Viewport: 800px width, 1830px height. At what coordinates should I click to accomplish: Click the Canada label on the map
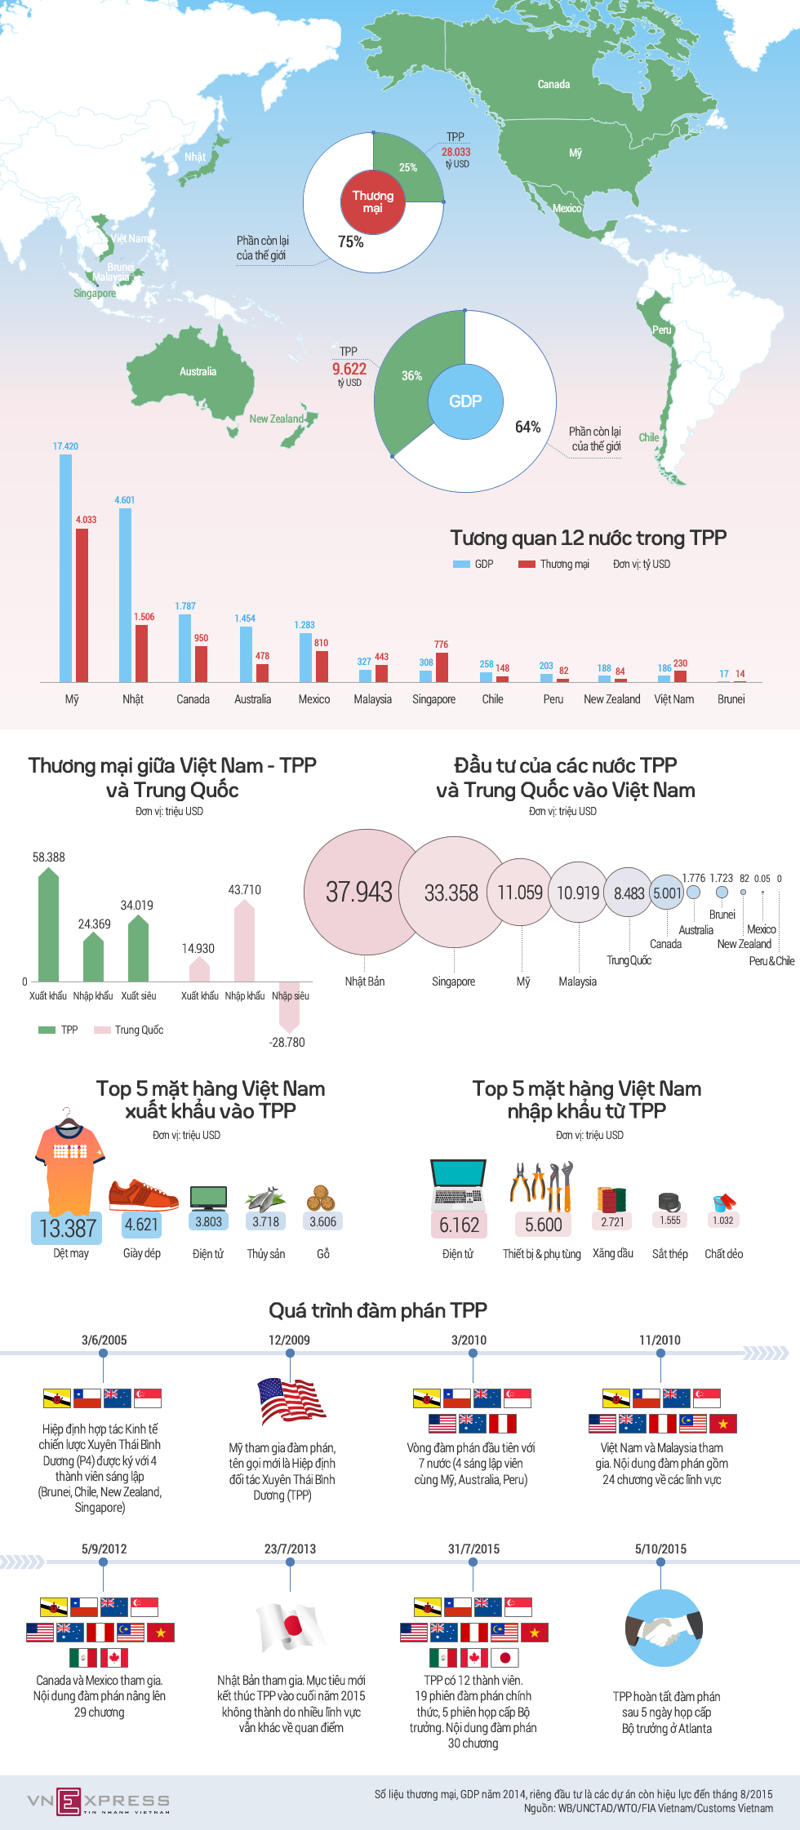click(x=553, y=84)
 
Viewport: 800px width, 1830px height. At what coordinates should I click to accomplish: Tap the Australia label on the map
click(x=198, y=371)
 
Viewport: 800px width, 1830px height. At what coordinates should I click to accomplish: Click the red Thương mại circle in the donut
click(x=373, y=202)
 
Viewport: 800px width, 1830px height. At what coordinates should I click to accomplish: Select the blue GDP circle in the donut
click(x=465, y=401)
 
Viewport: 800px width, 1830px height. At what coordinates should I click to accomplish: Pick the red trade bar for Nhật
click(x=141, y=653)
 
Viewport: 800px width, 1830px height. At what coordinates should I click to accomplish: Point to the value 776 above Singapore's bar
click(x=441, y=645)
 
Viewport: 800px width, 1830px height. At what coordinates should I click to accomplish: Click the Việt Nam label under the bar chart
click(x=674, y=699)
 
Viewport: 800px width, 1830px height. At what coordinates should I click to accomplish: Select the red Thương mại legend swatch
click(x=527, y=564)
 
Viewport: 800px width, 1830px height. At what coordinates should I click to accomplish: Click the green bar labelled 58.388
click(x=48, y=926)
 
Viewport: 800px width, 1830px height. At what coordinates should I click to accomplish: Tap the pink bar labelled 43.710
click(x=244, y=942)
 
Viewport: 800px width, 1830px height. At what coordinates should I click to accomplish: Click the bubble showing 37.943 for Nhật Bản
click(x=359, y=892)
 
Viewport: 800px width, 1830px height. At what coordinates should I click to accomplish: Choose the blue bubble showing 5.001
click(x=667, y=893)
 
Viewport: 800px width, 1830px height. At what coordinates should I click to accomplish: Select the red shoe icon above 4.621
click(x=142, y=1194)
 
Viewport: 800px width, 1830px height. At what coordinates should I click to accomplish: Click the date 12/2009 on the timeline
click(x=289, y=1340)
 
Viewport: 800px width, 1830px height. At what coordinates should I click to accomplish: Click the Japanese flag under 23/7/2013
click(x=289, y=1628)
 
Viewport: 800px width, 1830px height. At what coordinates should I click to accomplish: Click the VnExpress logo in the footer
click(x=98, y=1801)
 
